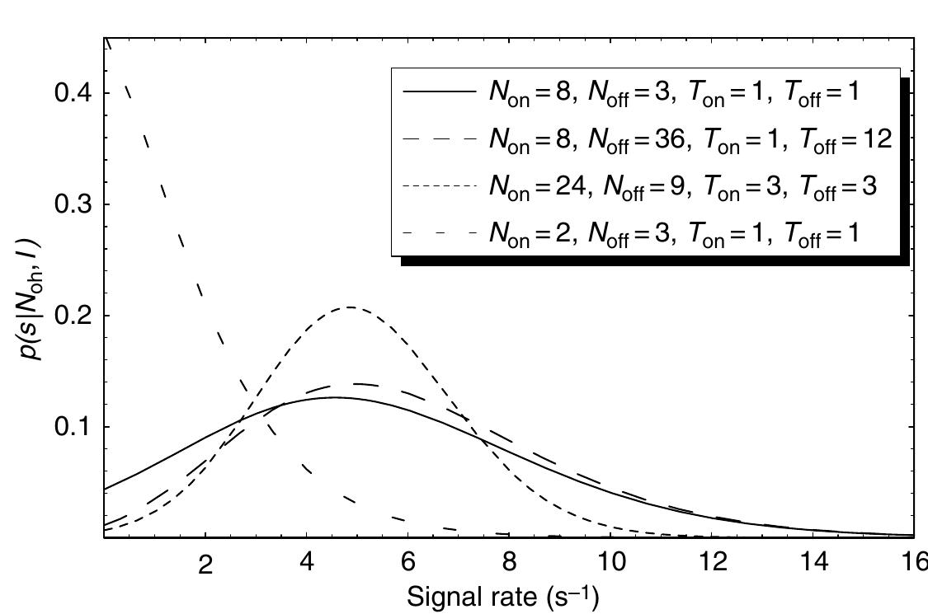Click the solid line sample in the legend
coord(439,92)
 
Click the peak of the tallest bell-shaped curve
coord(351,307)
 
